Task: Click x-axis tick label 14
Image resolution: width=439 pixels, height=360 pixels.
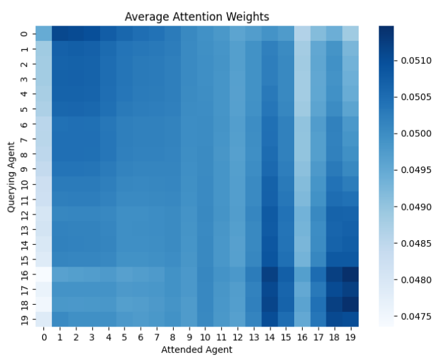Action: click(270, 337)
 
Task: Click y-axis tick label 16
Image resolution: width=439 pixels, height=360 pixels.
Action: click(24, 274)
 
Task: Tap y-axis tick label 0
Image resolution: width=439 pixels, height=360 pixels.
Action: click(24, 34)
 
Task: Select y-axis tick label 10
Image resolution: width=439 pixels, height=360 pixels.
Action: click(24, 184)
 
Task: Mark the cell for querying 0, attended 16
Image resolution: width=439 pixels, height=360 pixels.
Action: click(301, 34)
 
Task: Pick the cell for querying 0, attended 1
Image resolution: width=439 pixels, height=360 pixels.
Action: click(59, 34)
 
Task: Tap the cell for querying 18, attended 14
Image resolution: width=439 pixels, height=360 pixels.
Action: click(270, 304)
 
